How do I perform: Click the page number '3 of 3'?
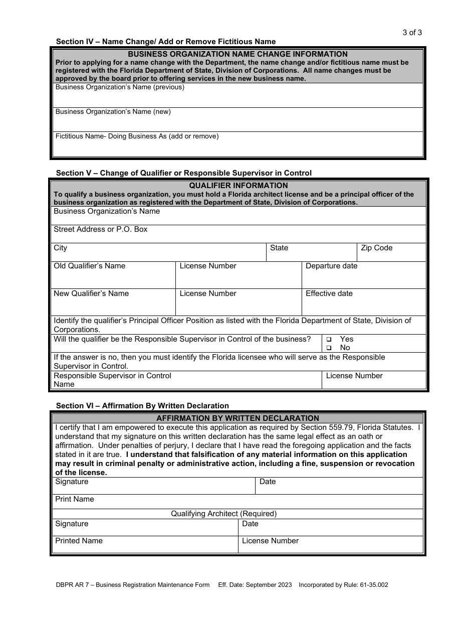(412, 33)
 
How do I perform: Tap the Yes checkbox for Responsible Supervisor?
(329, 340)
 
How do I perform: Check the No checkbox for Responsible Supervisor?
(329, 348)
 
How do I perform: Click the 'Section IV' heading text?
(165, 42)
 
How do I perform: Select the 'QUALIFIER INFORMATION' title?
(238, 186)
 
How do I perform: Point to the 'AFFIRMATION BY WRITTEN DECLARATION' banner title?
(237, 418)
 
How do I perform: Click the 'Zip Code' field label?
(376, 248)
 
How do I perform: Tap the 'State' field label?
(279, 248)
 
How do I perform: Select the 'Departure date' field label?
(331, 266)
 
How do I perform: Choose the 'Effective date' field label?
(329, 293)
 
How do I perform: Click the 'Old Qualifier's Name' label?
(89, 266)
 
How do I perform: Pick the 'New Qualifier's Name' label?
(91, 293)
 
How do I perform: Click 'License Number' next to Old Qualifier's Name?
(208, 266)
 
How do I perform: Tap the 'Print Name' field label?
(75, 499)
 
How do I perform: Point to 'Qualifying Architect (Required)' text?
(223, 514)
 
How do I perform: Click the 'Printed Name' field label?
(79, 541)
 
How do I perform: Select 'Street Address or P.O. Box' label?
(100, 229)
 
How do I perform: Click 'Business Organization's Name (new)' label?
(113, 111)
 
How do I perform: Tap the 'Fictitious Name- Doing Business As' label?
(137, 136)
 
